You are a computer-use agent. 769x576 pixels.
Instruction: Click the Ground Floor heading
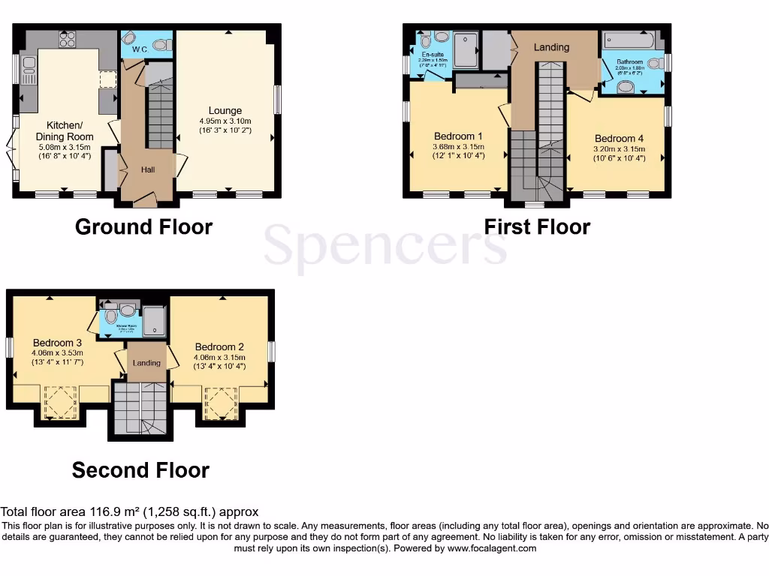143,226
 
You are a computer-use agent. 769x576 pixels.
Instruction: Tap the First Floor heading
537,226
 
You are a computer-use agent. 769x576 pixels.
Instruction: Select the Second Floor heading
140,470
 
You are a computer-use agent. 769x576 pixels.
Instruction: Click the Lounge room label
225,111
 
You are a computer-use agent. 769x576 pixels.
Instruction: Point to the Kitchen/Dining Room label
65,130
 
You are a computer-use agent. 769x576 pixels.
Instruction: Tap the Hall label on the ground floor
148,170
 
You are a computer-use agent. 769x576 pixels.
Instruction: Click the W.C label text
139,49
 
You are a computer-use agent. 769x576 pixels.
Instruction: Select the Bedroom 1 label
459,136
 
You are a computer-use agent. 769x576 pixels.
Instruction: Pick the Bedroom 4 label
619,139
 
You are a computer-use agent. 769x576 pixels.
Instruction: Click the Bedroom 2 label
219,347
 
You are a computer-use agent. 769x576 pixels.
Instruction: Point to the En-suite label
431,55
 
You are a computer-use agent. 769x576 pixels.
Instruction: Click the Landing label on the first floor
551,47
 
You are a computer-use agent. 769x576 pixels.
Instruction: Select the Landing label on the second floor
146,363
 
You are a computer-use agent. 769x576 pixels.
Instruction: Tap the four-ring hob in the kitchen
67,39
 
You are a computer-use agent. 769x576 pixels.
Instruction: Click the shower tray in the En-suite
465,40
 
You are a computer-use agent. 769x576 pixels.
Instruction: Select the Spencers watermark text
384,246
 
